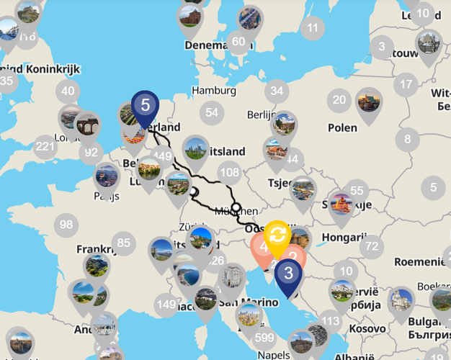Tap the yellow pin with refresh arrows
tap(277, 235)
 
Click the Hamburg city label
tap(214, 91)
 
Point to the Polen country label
tap(342, 127)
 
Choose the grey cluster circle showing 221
tap(45, 147)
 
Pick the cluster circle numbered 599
tap(264, 337)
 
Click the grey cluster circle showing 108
tap(230, 172)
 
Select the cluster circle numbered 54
tap(211, 112)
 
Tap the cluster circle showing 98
tap(66, 225)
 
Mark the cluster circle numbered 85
tap(124, 243)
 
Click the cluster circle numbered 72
tap(372, 247)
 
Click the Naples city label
tap(272, 355)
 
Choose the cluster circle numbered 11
tap(312, 29)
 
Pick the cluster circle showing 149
tap(166, 305)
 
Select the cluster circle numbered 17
tap(407, 83)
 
